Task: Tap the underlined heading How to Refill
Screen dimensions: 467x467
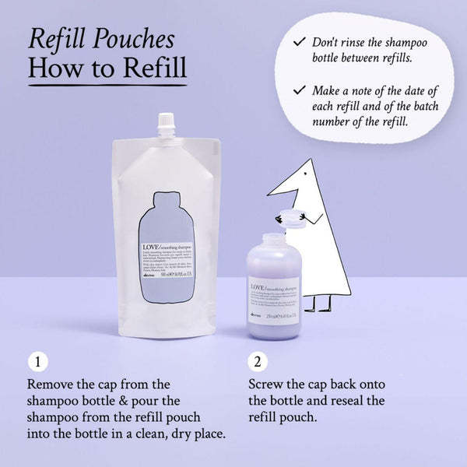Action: pyautogui.click(x=107, y=68)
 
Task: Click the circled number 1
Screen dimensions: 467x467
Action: pyautogui.click(x=37, y=362)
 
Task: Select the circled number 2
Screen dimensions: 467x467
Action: pyautogui.click(x=258, y=362)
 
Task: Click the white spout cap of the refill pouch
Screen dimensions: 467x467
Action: pyautogui.click(x=167, y=123)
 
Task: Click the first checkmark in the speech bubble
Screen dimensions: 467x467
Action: pyautogui.click(x=299, y=40)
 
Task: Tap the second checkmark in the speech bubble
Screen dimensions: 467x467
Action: pyautogui.click(x=299, y=90)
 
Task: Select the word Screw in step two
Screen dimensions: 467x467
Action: pyautogui.click(x=266, y=385)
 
